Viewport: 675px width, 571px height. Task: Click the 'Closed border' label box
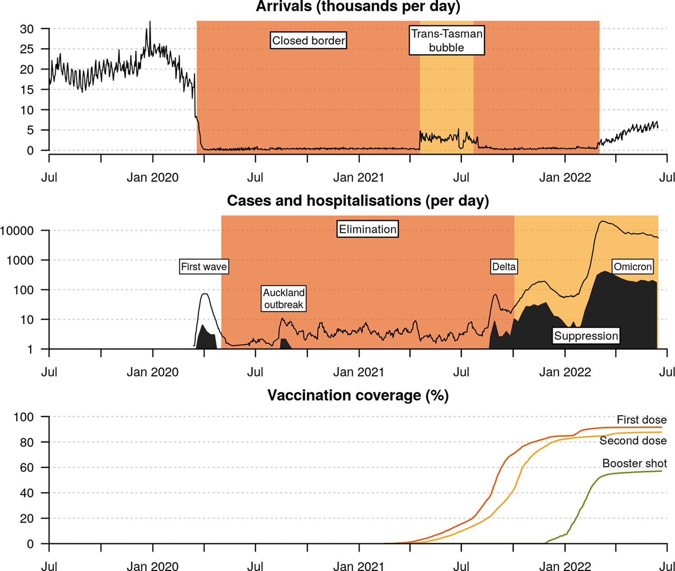tap(308, 41)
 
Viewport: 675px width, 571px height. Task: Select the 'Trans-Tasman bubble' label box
tap(446, 41)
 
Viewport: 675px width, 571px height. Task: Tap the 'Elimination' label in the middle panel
tap(368, 229)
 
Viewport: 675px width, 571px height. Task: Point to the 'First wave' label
tap(204, 267)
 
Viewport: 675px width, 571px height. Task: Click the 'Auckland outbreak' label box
tap(283, 299)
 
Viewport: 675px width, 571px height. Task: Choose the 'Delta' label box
tap(504, 267)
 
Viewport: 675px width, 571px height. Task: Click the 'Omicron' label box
tap(632, 267)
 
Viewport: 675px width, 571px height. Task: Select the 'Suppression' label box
tap(586, 335)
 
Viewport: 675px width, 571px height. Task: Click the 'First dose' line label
tap(641, 420)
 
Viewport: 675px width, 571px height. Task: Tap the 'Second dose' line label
tap(633, 441)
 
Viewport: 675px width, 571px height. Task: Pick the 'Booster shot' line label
tap(634, 463)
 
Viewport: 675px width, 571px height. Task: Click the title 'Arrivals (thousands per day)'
tap(358, 7)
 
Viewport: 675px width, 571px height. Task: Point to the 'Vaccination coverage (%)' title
tap(358, 395)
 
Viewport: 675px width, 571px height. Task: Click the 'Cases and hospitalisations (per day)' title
tap(358, 200)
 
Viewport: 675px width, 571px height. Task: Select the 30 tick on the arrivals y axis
tap(27, 29)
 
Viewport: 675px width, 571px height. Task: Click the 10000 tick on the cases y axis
tap(17, 231)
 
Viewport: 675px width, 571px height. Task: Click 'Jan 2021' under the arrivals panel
tap(359, 177)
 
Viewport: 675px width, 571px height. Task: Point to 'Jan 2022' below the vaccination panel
tap(565, 566)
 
